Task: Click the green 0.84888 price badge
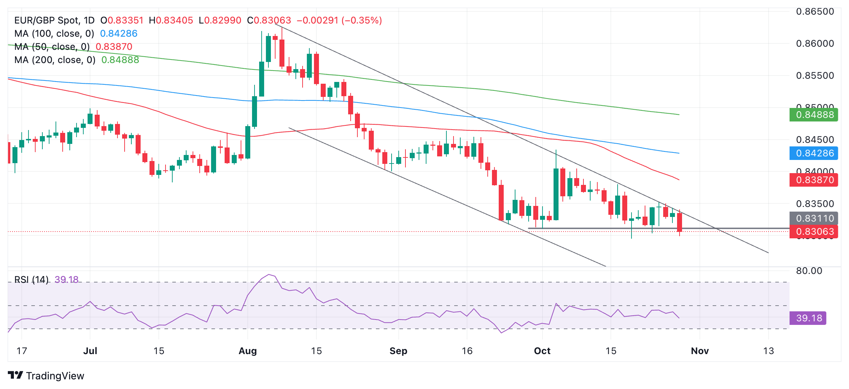(x=814, y=115)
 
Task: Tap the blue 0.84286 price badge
(x=814, y=153)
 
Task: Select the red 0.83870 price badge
(x=814, y=180)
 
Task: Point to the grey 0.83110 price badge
(x=814, y=218)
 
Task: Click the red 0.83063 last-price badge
(x=814, y=232)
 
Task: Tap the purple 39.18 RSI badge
(x=808, y=318)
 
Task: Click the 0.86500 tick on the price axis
(x=815, y=11)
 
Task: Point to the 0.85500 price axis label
(x=815, y=76)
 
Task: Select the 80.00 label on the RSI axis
(x=809, y=271)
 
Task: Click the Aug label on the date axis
(x=248, y=351)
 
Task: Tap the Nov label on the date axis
(x=699, y=351)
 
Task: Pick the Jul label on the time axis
(x=90, y=351)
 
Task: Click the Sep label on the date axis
(x=398, y=351)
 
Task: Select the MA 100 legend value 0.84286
(x=119, y=33)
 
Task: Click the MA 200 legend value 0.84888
(x=120, y=60)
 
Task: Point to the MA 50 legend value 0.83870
(x=114, y=47)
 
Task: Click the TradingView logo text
(x=55, y=376)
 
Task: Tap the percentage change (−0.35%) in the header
(x=362, y=20)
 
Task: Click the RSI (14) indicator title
(x=31, y=280)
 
